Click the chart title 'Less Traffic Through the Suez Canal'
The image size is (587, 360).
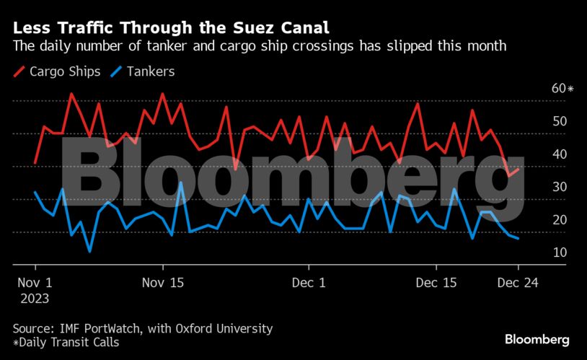click(x=172, y=28)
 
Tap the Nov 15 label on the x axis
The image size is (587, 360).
click(x=164, y=282)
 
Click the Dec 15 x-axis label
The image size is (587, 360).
click(x=437, y=282)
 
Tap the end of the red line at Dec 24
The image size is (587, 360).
click(x=518, y=169)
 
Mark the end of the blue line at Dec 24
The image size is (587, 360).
click(x=518, y=239)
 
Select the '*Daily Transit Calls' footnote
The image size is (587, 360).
click(x=66, y=343)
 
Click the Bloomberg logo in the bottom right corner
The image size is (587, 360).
click(x=537, y=339)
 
